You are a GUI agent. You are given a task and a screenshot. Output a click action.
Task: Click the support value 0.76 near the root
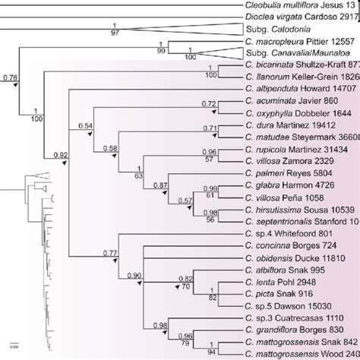click(11, 77)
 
